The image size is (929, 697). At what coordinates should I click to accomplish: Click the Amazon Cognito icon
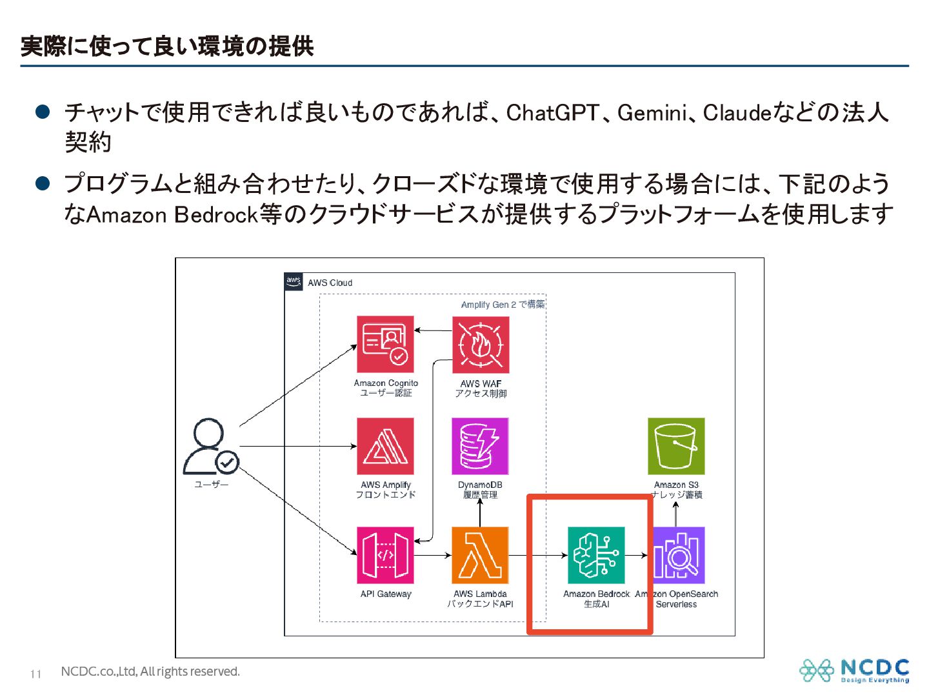pos(385,344)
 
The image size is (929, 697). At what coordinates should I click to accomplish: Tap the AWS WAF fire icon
pos(480,345)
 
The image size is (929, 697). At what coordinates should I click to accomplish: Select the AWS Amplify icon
pos(385,446)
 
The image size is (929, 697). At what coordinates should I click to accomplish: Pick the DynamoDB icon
pos(480,446)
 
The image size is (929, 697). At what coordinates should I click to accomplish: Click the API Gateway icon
pos(385,555)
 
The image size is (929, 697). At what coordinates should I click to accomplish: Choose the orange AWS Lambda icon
pos(480,555)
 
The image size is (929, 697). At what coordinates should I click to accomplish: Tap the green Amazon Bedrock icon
pos(596,555)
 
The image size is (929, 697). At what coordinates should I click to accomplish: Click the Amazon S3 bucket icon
pos(676,446)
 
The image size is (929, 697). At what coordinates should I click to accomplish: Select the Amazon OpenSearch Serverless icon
pos(679,555)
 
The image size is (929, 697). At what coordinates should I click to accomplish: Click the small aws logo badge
pos(294,281)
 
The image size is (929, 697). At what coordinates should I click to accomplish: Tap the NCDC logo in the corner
pos(854,671)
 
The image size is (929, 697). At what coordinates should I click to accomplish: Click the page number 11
pos(35,674)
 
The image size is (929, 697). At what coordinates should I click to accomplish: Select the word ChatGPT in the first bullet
pos(553,113)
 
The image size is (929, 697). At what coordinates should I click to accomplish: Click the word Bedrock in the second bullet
pos(216,214)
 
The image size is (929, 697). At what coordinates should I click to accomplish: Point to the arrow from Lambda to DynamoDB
pos(480,512)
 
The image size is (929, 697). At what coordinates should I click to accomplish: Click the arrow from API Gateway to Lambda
pos(432,555)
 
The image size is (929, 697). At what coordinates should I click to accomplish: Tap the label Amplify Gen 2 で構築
pos(503,305)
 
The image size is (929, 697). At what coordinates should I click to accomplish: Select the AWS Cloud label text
pos(330,283)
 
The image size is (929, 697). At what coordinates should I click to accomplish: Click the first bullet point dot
pos(43,112)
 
